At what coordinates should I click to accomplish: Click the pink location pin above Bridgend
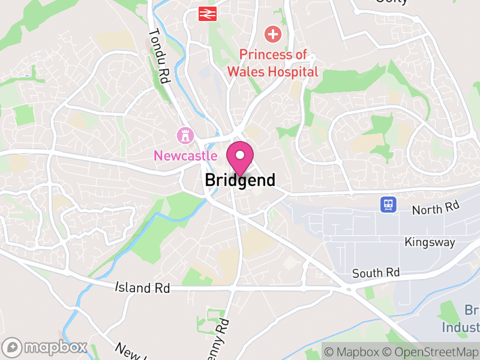(x=240, y=157)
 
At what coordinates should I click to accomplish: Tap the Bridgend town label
(x=240, y=179)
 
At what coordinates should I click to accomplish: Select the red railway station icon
(x=207, y=13)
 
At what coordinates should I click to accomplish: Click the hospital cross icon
(x=272, y=34)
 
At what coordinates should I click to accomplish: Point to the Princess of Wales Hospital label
(x=272, y=63)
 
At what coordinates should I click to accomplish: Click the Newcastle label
(x=185, y=155)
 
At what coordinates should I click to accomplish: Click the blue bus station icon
(x=388, y=205)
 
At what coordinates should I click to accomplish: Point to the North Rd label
(x=436, y=208)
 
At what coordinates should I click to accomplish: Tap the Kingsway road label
(x=429, y=242)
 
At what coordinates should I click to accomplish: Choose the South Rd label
(x=376, y=273)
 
